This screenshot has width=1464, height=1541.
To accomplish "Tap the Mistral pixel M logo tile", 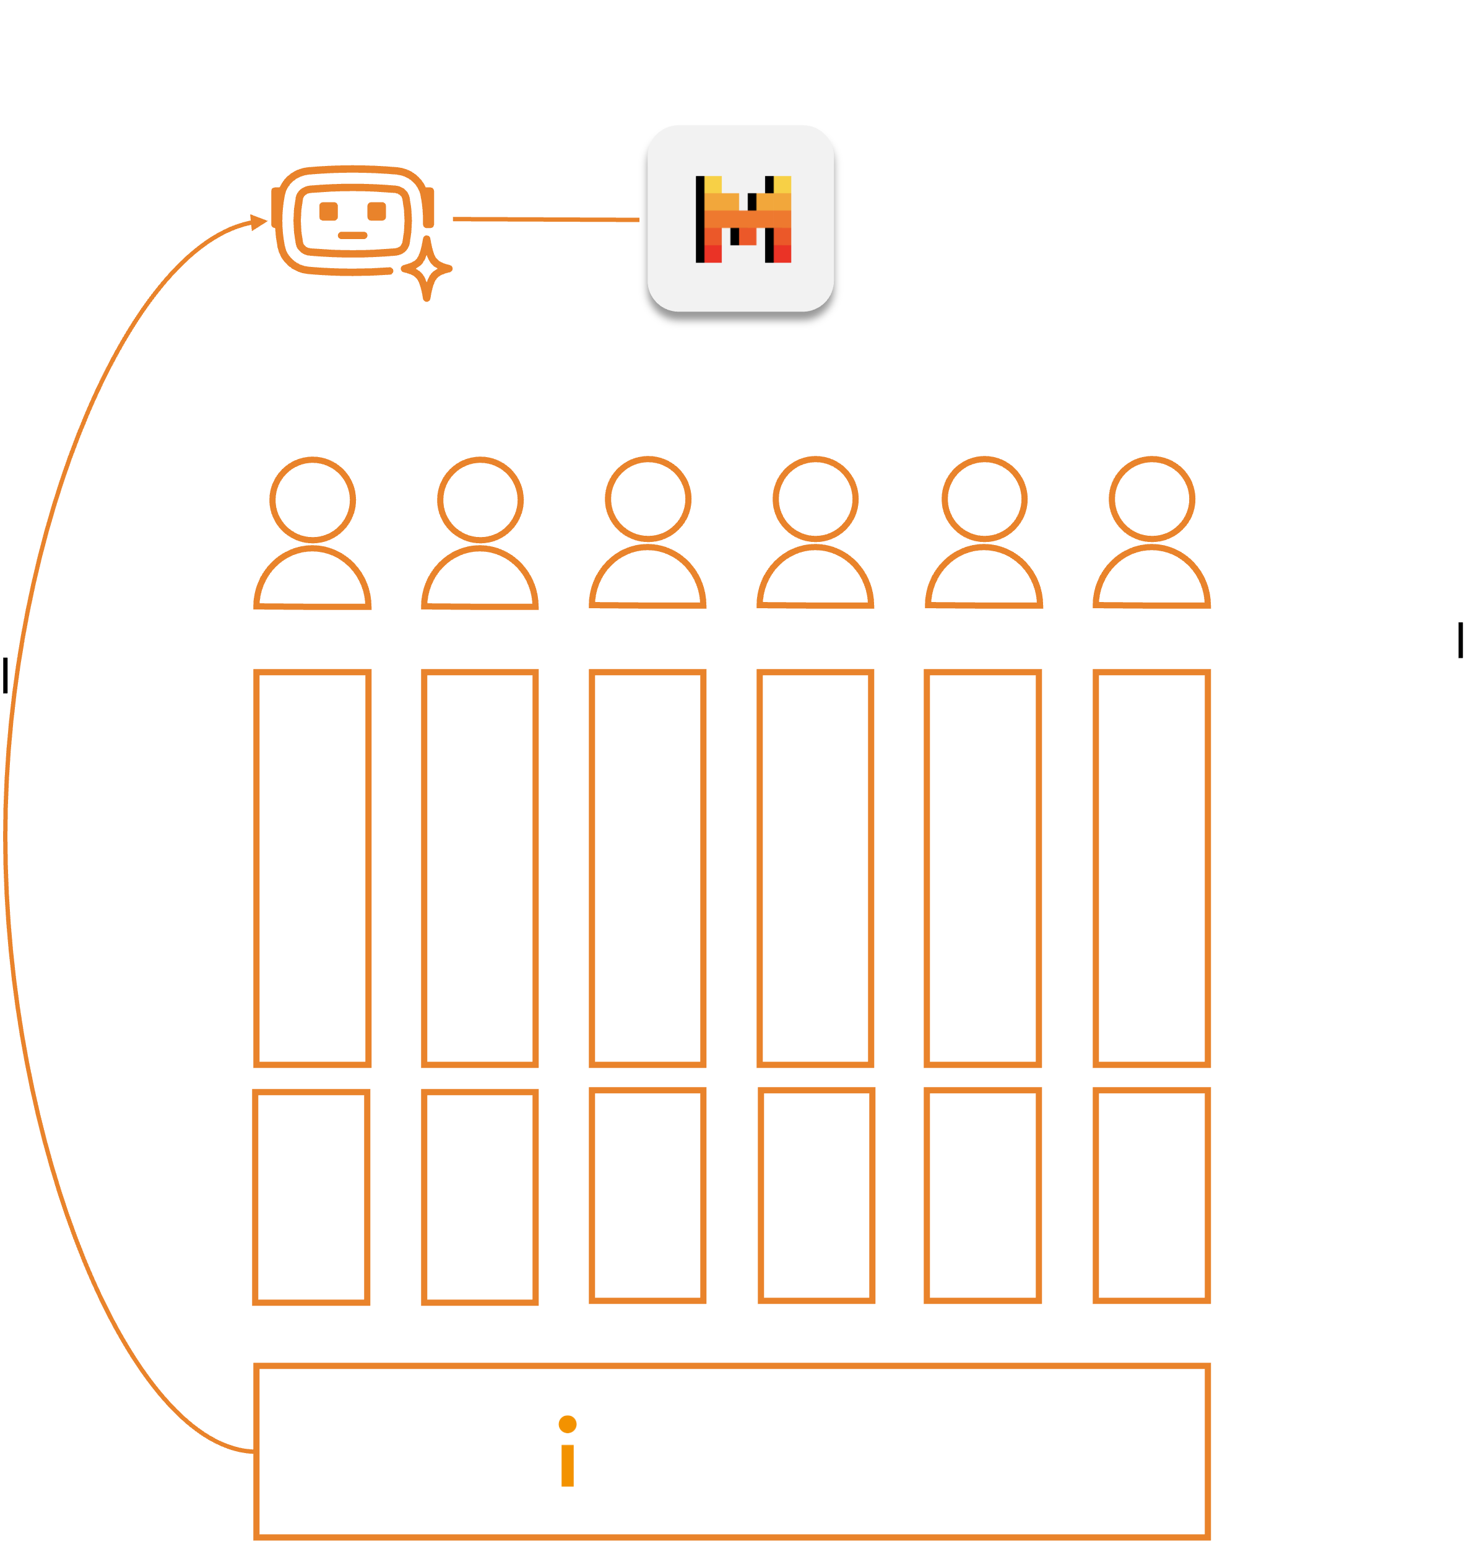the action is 740,219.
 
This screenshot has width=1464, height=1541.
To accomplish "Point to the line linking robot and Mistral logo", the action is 546,219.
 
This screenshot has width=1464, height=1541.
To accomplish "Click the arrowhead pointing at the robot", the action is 259,222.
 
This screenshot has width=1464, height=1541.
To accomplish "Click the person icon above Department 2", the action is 480,533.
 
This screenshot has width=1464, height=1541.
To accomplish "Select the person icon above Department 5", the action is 984,533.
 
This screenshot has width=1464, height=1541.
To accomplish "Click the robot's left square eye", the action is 329,211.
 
